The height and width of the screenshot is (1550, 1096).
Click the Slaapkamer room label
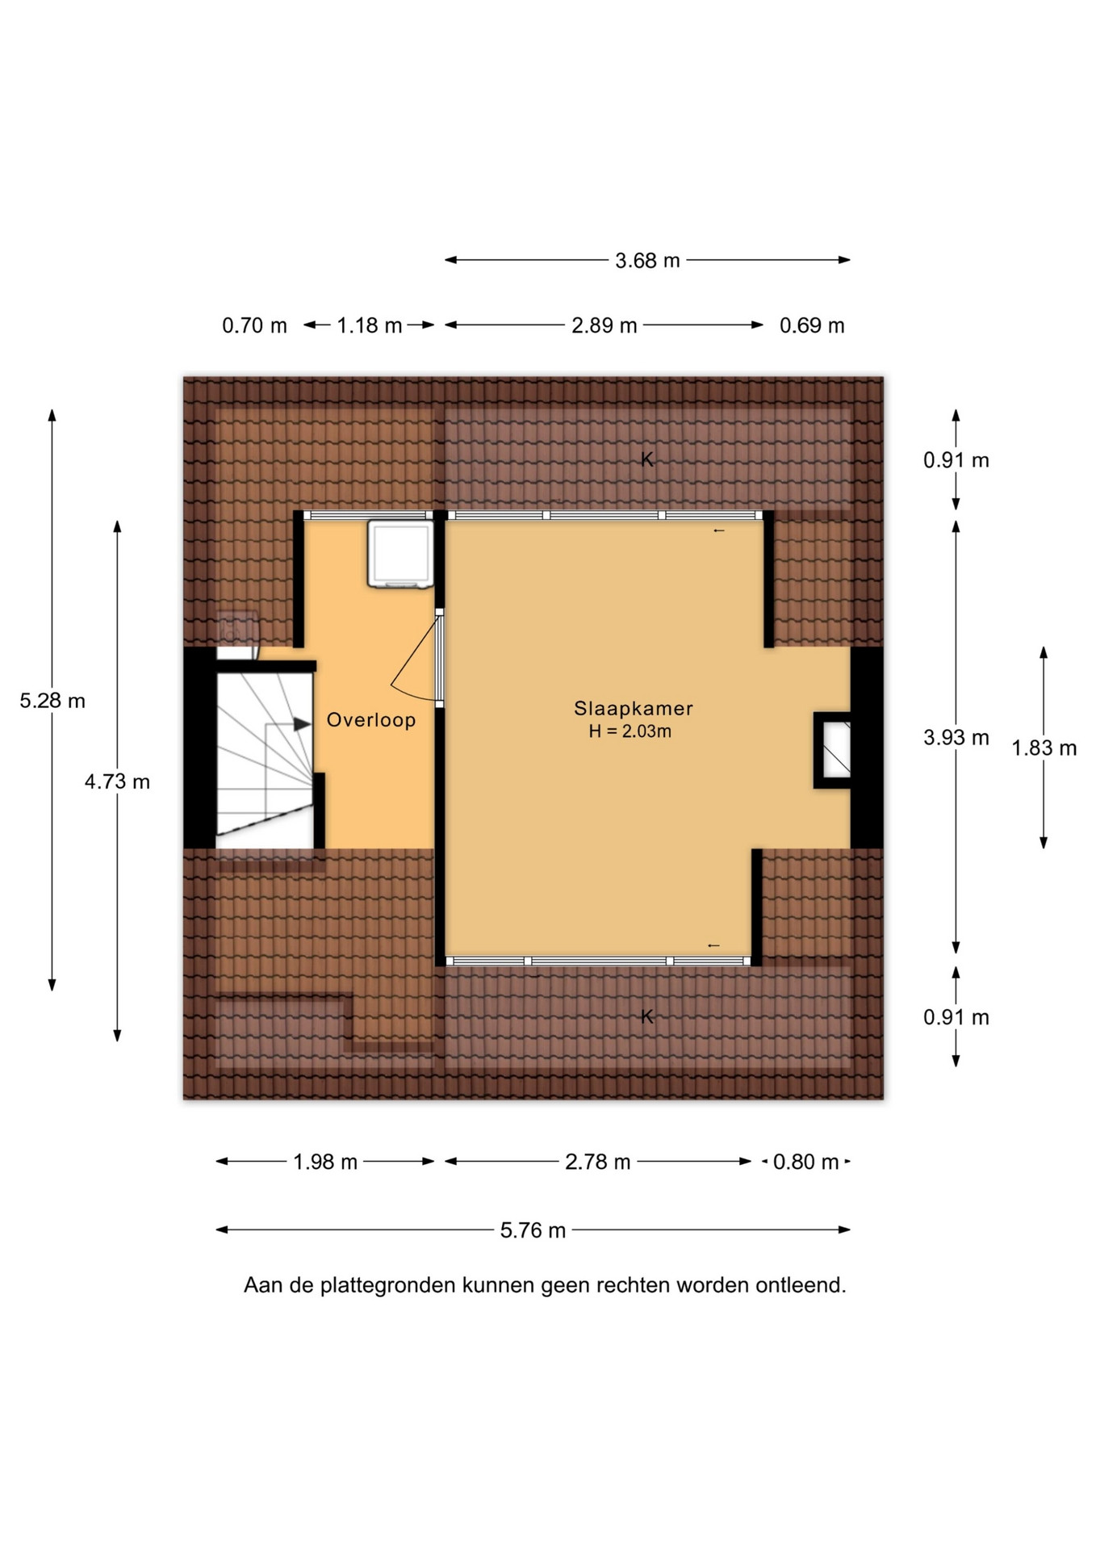[x=633, y=708]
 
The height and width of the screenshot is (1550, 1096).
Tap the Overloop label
[x=371, y=720]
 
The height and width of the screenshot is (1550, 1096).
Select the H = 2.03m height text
[x=630, y=732]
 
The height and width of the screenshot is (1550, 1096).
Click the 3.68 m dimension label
[x=647, y=261]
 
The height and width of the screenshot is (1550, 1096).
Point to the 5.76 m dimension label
[x=533, y=1230]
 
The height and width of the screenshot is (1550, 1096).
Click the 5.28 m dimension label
[x=52, y=701]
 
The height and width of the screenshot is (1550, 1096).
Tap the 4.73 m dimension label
[x=117, y=781]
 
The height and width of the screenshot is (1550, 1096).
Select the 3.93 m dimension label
[x=956, y=737]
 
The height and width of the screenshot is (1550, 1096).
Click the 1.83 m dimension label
[x=1044, y=748]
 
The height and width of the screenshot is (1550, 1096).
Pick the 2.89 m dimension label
[x=604, y=325]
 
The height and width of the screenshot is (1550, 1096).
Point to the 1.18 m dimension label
[x=370, y=325]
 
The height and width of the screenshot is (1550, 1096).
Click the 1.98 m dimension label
[x=325, y=1162]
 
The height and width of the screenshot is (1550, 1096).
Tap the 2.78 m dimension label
[x=597, y=1162]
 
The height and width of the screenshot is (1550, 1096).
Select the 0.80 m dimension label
[x=806, y=1162]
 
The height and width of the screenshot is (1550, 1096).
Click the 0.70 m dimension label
[x=254, y=325]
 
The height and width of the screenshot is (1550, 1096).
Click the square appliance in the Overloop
[x=400, y=554]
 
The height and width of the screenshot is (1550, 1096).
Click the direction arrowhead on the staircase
[x=302, y=724]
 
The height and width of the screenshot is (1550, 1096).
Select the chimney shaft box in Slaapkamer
[x=832, y=750]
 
